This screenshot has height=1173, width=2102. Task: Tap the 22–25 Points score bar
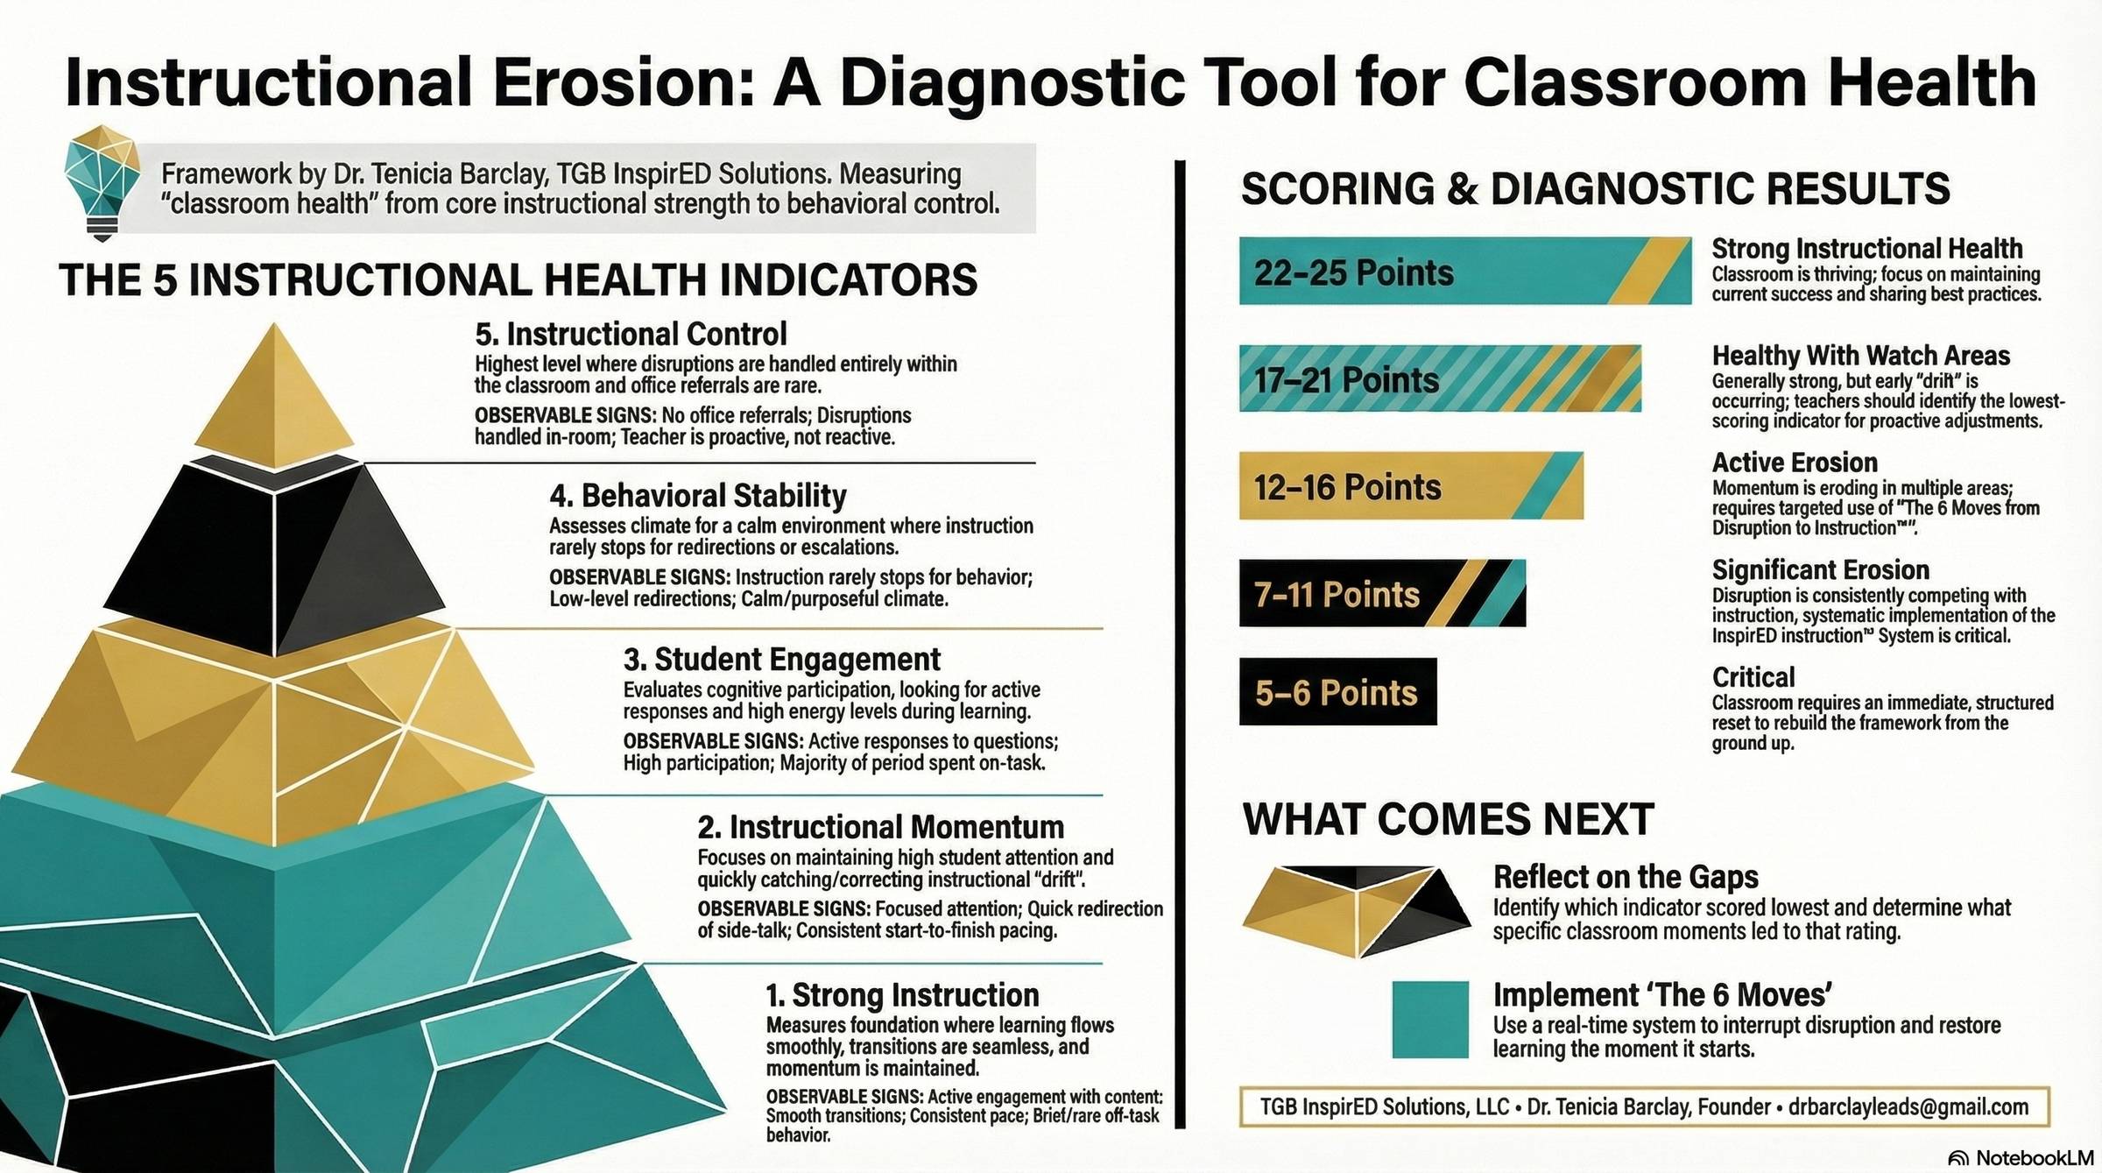click(1465, 271)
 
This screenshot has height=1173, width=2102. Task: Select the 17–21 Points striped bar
click(1440, 378)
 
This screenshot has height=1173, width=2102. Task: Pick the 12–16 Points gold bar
click(1411, 485)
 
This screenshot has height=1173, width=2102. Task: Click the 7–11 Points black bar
click(1382, 593)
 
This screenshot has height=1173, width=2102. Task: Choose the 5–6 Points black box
click(1337, 691)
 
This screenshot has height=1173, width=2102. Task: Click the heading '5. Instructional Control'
click(631, 334)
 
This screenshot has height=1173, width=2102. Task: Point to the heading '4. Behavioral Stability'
click(698, 496)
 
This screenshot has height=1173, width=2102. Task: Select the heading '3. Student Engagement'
click(781, 659)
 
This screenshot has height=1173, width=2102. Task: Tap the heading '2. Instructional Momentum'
click(880, 827)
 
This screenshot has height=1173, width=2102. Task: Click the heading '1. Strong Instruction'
click(902, 995)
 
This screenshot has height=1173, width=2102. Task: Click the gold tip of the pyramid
click(275, 394)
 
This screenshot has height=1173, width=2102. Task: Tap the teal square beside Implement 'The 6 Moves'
click(1430, 1019)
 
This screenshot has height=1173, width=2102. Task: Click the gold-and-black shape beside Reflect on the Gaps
click(1356, 911)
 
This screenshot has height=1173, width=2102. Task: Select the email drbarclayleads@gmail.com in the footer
click(1908, 1106)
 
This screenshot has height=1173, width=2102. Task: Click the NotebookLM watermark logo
click(1957, 1158)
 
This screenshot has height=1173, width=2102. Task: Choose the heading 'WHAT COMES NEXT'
click(1448, 819)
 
